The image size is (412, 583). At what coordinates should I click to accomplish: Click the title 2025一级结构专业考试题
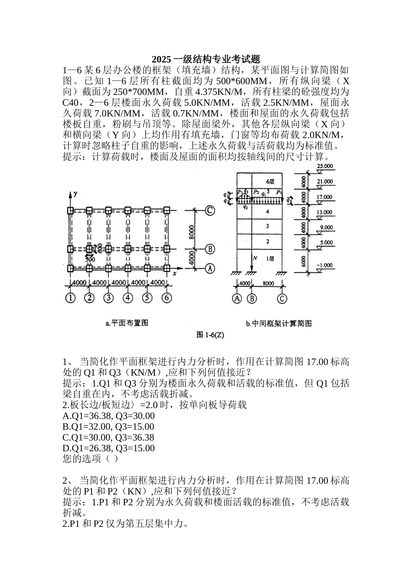206,59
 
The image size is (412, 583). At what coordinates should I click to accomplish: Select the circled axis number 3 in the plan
108,298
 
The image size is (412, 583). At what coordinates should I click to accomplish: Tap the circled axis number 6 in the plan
167,298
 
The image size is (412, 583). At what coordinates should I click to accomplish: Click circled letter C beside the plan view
209,211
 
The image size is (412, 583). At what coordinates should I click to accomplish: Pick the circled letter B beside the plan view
209,249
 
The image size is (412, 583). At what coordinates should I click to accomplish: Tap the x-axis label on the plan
174,274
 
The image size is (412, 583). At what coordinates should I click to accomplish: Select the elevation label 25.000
325,166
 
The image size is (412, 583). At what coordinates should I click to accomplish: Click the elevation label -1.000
325,265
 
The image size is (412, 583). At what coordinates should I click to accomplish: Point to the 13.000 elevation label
325,212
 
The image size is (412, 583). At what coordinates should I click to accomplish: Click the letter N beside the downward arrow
255,258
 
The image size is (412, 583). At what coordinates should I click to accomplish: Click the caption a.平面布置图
127,323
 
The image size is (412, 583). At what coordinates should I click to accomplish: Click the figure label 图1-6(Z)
210,334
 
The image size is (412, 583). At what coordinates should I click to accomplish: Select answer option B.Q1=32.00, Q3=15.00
108,427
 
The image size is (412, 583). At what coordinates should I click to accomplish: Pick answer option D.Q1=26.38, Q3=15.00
108,448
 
